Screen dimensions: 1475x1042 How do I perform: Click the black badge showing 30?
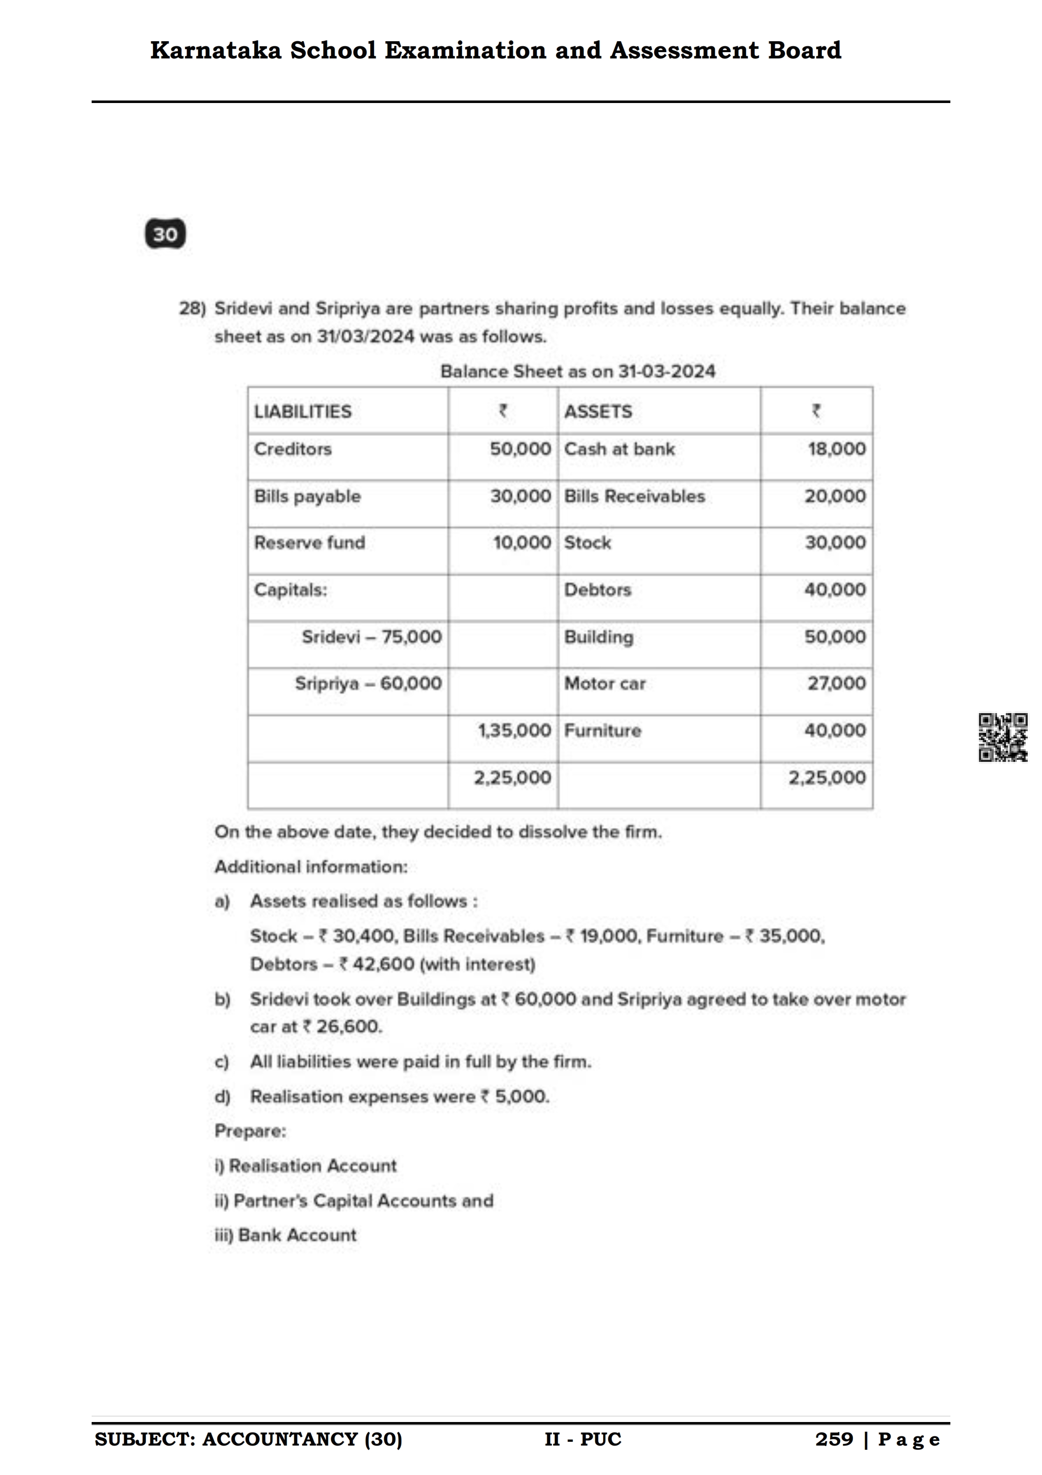165,234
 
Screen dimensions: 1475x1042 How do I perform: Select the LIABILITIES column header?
302,411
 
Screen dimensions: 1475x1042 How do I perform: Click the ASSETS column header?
598,411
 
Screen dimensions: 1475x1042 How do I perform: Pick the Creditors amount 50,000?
520,449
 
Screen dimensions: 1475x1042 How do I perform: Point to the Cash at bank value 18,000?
836,449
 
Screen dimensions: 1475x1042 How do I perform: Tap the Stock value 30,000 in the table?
835,543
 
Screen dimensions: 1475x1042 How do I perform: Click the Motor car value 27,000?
836,684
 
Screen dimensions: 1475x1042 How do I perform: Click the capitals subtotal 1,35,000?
514,730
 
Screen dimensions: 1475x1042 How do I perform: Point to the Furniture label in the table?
602,730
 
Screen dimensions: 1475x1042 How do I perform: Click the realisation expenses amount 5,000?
521,1097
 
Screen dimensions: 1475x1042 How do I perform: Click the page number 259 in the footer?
834,1440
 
